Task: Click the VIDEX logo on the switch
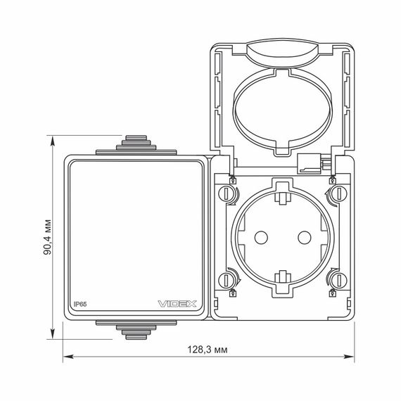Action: point(177,304)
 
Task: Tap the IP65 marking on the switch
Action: point(80,304)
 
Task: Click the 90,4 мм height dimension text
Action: point(47,237)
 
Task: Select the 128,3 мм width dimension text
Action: point(208,350)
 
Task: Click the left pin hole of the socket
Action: point(261,237)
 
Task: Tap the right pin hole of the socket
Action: point(305,237)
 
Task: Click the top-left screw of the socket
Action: point(226,193)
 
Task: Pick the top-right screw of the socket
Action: point(339,193)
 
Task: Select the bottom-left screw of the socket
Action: point(226,280)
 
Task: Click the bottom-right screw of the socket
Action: point(339,280)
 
